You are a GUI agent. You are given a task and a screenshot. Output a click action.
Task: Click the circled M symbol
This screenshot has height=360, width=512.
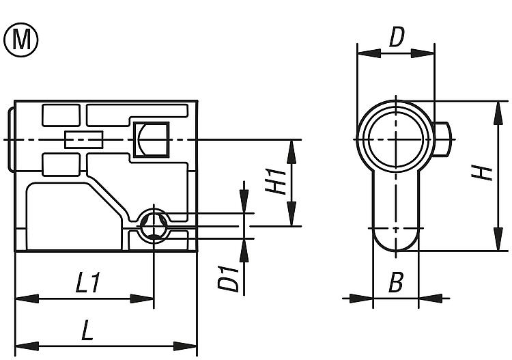pyautogui.click(x=22, y=40)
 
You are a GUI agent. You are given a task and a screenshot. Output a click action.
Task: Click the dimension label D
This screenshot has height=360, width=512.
pyautogui.click(x=397, y=38)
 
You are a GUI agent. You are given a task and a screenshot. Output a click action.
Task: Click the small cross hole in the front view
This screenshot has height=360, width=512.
pyautogui.click(x=154, y=225)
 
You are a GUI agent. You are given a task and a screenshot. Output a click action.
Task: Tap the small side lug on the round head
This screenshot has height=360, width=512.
pyautogui.click(x=443, y=139)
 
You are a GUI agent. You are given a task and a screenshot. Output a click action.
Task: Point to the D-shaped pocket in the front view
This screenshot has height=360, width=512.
pyautogui.click(x=152, y=139)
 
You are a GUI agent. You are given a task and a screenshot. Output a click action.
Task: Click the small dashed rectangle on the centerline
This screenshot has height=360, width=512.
pyautogui.click(x=83, y=139)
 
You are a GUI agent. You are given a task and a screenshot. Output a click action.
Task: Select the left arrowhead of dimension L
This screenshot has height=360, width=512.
pyautogui.click(x=21, y=344)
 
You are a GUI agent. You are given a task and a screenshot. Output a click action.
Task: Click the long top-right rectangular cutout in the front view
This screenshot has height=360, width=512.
pyautogui.click(x=136, y=110)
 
